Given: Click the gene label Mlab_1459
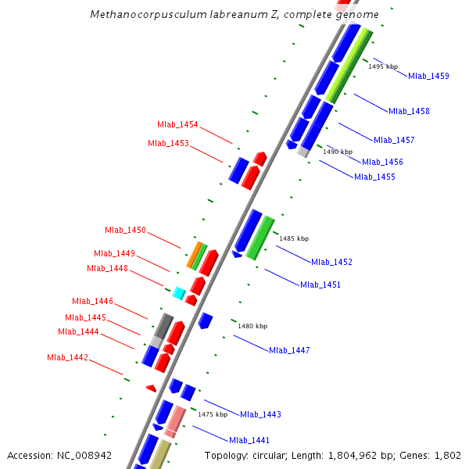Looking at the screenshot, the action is coord(428,76).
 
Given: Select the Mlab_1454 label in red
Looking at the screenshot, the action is coord(177,125).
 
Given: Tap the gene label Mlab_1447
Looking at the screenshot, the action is coord(289,350).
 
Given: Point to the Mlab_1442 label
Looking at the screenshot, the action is coord(67,358).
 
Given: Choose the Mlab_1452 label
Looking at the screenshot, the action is coord(331,262).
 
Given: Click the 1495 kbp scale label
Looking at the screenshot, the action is coord(383,67).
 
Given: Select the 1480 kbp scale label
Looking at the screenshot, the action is coord(252,326).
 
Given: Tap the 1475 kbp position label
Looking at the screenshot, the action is coord(213,414).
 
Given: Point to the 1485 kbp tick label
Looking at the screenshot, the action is coord(294,238).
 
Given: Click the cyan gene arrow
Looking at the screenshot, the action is coord(179,294).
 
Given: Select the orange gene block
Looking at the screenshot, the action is coord(192,255).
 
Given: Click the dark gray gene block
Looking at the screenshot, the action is coord(163,324).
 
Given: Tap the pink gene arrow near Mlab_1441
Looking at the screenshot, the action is coord(175,420).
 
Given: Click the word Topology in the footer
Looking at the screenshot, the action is coord(226,455).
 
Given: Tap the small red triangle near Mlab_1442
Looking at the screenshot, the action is coord(151,388).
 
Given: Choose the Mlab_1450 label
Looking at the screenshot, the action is coord(125,230).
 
